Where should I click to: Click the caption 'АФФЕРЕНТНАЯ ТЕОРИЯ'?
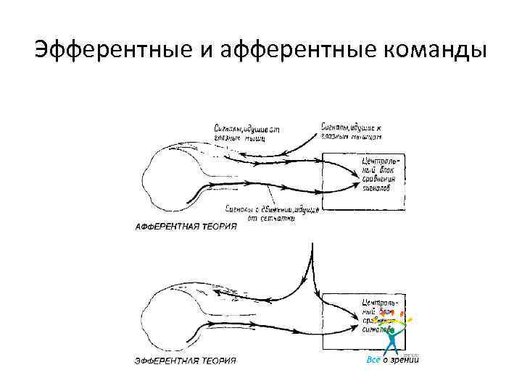click(186, 227)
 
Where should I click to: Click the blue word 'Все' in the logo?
click(373, 360)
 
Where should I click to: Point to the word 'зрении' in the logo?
click(405, 360)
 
